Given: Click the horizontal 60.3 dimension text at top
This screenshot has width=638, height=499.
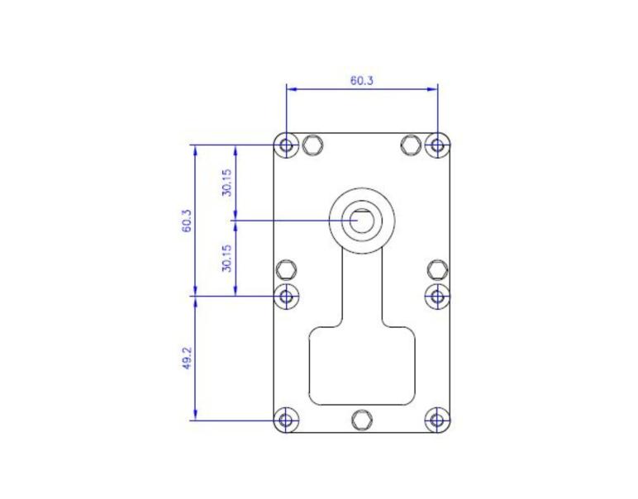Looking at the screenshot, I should pyautogui.click(x=361, y=81).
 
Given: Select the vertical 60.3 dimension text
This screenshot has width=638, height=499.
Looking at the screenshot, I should pyautogui.click(x=188, y=221).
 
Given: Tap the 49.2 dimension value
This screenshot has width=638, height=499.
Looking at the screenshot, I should pyautogui.click(x=188, y=358).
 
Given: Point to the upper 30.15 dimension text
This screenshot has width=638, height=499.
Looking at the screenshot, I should pyautogui.click(x=227, y=183).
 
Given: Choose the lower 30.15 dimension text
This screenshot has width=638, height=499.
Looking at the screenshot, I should pyautogui.click(x=227, y=258).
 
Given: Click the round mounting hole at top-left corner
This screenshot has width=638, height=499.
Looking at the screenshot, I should pyautogui.click(x=287, y=146).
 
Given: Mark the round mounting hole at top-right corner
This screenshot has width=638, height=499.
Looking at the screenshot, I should pyautogui.click(x=437, y=146).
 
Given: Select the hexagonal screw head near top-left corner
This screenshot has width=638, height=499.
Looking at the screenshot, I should pyautogui.click(x=312, y=145).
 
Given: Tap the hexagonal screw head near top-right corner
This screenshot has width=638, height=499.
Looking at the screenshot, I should pyautogui.click(x=411, y=145).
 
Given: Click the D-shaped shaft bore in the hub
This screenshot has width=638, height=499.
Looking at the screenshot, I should pyautogui.click(x=361, y=221).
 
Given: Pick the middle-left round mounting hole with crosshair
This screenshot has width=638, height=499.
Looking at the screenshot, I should pyautogui.click(x=287, y=295).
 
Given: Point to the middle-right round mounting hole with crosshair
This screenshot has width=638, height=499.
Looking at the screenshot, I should pyautogui.click(x=437, y=295).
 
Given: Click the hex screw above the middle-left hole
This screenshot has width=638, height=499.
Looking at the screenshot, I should pyautogui.click(x=287, y=269).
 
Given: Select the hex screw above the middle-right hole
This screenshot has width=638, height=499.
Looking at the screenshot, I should pyautogui.click(x=437, y=269).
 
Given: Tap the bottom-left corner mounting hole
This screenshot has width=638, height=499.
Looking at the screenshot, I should pyautogui.click(x=287, y=420).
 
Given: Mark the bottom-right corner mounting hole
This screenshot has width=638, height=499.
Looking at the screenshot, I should pyautogui.click(x=437, y=420).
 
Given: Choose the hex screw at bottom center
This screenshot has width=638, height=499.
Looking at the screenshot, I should pyautogui.click(x=361, y=420).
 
